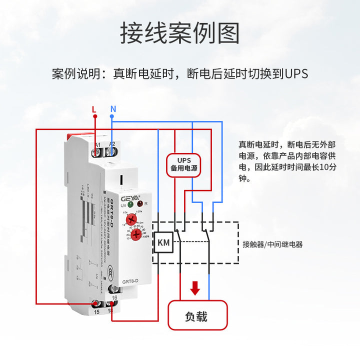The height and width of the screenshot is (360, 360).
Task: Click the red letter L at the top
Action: [93, 108]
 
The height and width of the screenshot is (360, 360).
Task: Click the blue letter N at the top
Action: [113, 108]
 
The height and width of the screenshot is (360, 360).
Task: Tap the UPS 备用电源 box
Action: [183, 165]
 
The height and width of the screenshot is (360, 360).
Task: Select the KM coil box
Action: [163, 243]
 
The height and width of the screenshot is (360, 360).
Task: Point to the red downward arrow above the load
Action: [195, 287]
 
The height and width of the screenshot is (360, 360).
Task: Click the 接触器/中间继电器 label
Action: [272, 244]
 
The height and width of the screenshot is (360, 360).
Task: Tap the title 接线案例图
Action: [179, 33]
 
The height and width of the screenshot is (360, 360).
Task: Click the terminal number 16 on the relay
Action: [114, 297]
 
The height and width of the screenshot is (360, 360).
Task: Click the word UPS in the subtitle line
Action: [296, 74]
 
